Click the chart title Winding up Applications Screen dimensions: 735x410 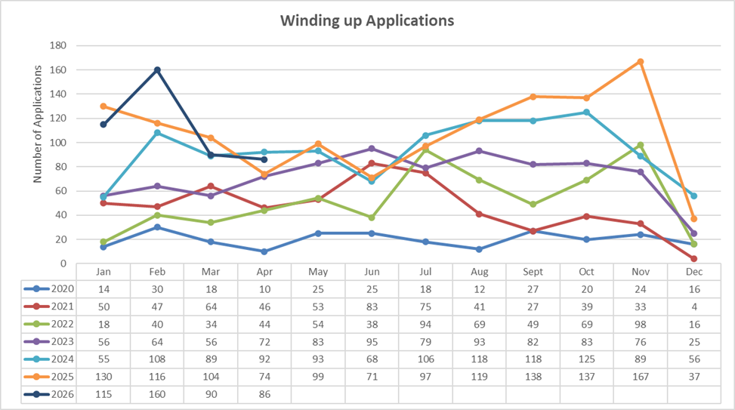pyautogui.click(x=367, y=20)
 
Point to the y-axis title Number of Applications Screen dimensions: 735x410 pyautogui.click(x=38, y=124)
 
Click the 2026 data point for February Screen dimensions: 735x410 pyautogui.click(x=157, y=69)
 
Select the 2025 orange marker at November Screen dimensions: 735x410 pyautogui.click(x=641, y=62)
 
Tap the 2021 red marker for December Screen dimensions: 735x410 pyautogui.click(x=693, y=259)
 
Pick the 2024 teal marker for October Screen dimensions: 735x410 pyautogui.click(x=586, y=113)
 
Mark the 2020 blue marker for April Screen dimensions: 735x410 pyautogui.click(x=264, y=251)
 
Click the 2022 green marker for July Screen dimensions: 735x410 pyautogui.click(x=425, y=150)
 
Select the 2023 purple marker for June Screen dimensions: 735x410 pyautogui.click(x=372, y=149)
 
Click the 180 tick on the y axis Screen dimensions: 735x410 pyautogui.click(x=57, y=45)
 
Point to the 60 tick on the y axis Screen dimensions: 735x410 pyautogui.click(x=61, y=191)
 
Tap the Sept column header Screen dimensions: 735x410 pyautogui.click(x=533, y=272)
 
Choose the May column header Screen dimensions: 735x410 pyautogui.click(x=318, y=272)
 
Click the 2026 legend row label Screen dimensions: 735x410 pyautogui.click(x=63, y=394)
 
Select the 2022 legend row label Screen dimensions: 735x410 pyautogui.click(x=63, y=324)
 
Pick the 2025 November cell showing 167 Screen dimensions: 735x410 pyautogui.click(x=641, y=377)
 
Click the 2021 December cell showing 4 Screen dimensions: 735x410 pyautogui.click(x=694, y=307)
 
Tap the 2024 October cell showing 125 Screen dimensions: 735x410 pyautogui.click(x=586, y=359)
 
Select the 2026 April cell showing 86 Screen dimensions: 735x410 pyautogui.click(x=264, y=395)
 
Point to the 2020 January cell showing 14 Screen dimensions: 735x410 pyautogui.click(x=103, y=290)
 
